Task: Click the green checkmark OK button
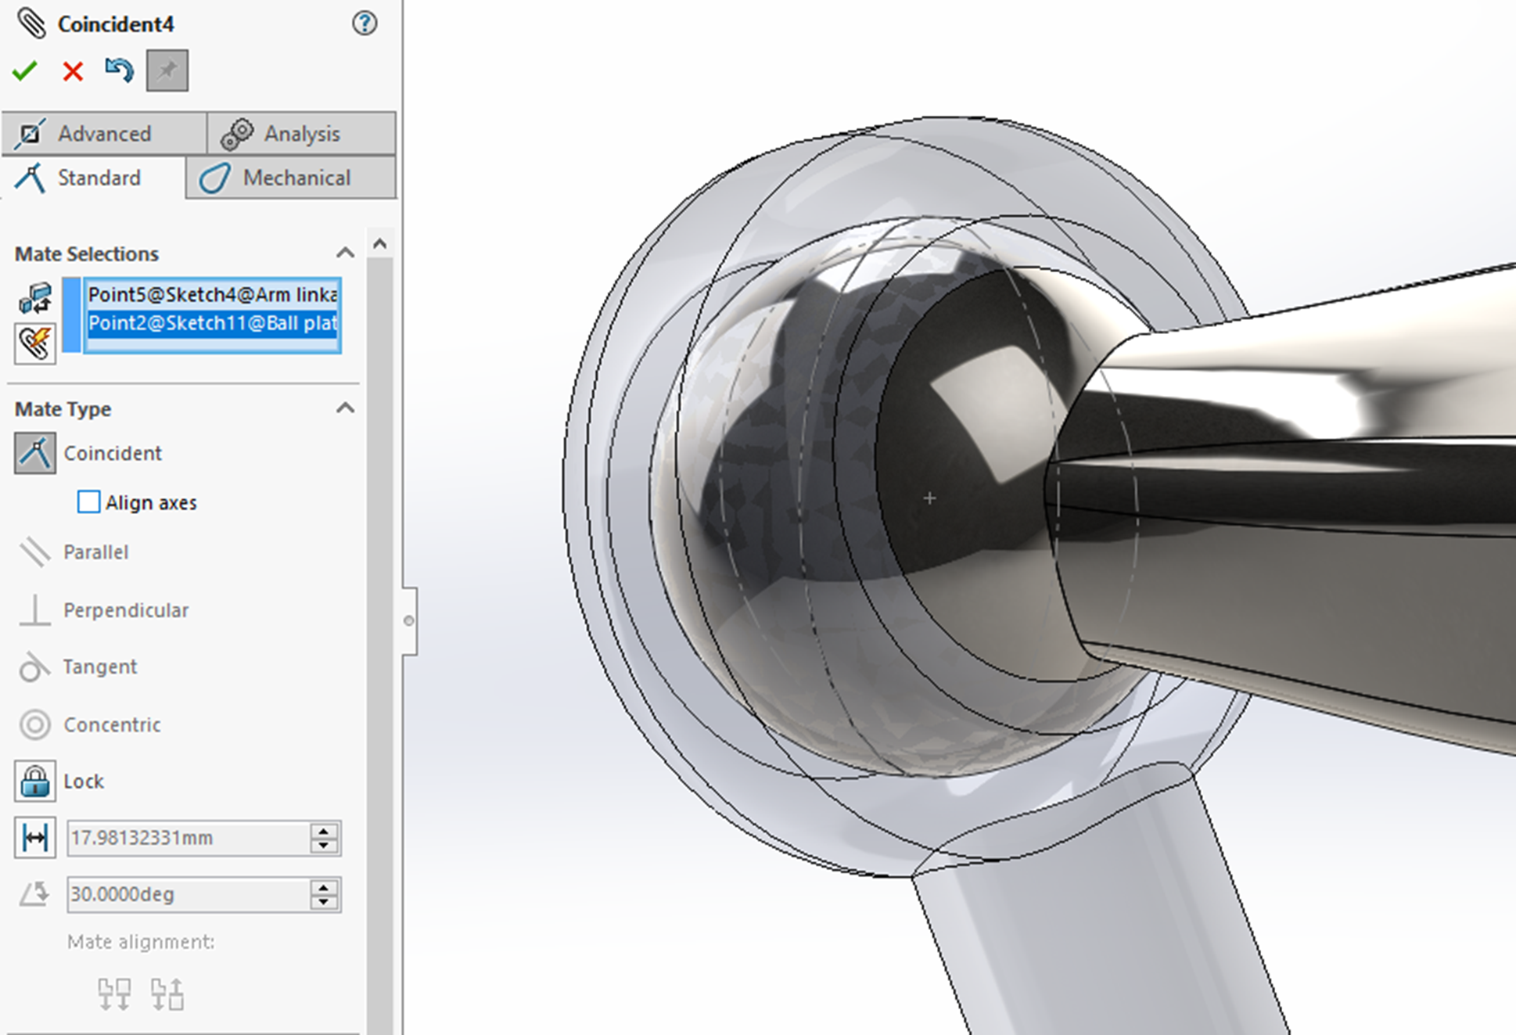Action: tap(25, 71)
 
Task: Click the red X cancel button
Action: tap(73, 71)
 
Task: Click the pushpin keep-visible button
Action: tap(167, 71)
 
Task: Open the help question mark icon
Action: tap(364, 23)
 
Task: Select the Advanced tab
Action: tap(103, 134)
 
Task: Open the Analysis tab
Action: tap(301, 134)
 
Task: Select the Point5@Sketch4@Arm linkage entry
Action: tap(211, 295)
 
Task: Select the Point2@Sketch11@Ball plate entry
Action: tap(211, 323)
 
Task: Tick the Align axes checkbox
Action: tap(89, 501)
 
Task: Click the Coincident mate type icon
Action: tap(35, 453)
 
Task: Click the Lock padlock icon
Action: tap(35, 781)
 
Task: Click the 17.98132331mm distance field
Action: tap(188, 838)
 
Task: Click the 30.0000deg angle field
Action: tap(188, 894)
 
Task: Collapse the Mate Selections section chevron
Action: tap(345, 253)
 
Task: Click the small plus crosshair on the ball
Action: tap(929, 498)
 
